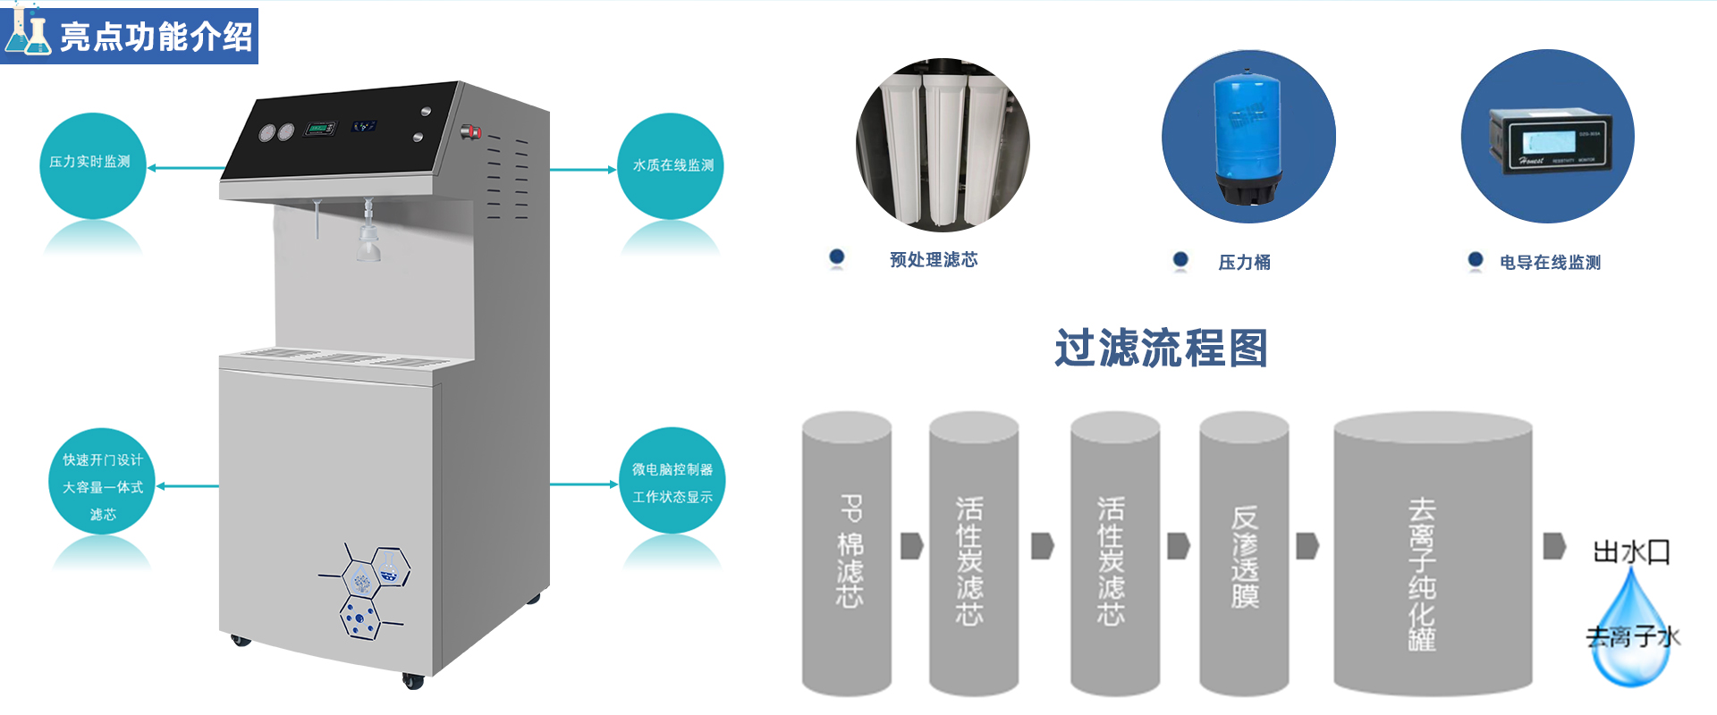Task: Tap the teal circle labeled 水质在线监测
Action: (671, 166)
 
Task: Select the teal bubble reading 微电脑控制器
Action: (672, 481)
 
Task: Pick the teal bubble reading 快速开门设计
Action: (102, 483)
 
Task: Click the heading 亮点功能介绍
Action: (156, 37)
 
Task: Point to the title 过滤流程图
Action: (1161, 349)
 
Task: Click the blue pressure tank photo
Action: (1248, 137)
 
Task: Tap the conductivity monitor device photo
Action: (1548, 137)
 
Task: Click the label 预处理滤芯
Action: (934, 260)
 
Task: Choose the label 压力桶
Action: (1244, 263)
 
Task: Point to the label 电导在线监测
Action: (1550, 263)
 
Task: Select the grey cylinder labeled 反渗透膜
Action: (1244, 554)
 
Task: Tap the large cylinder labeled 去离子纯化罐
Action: (1433, 554)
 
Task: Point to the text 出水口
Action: (1631, 551)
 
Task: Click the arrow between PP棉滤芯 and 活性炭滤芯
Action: (911, 545)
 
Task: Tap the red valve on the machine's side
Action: (471, 132)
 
